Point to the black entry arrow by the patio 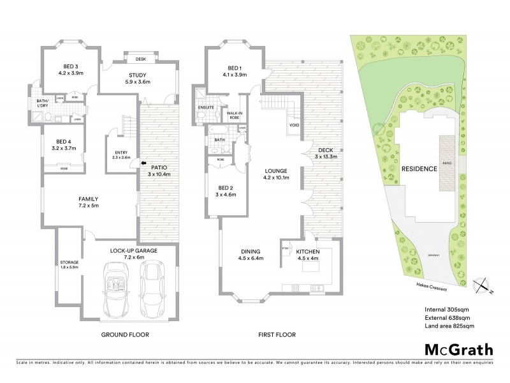pos(133,163)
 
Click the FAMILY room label pos(87,199)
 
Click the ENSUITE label pos(205,108)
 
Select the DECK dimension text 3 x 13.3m pos(326,156)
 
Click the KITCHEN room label pos(308,252)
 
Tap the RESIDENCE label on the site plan pos(419,169)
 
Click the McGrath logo pos(457,349)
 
